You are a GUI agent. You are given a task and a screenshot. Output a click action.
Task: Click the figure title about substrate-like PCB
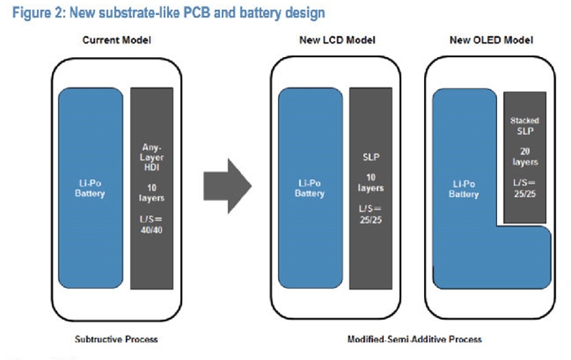point(169,13)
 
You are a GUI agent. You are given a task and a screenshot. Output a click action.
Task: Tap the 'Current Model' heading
point(117,40)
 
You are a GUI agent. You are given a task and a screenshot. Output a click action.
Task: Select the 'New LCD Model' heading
point(338,40)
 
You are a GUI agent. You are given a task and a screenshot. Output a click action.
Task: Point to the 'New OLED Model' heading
point(491,40)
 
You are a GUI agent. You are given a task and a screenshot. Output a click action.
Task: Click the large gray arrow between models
point(228,186)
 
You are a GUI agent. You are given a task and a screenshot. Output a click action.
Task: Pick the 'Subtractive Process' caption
point(116,339)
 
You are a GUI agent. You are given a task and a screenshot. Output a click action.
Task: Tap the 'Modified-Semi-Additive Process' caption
point(415,339)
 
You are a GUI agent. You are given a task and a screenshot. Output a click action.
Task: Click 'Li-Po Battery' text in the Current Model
point(90,188)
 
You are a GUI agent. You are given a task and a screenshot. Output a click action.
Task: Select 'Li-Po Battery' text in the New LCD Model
point(310,188)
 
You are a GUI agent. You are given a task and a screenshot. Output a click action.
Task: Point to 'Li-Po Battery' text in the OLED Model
point(464,189)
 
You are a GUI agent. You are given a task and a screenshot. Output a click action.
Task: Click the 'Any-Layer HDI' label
point(151,157)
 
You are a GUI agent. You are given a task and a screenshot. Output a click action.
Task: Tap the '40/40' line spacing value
point(151,230)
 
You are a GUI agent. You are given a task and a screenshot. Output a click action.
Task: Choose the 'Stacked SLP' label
point(525,126)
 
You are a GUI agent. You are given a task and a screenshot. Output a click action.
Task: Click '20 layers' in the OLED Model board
point(525,157)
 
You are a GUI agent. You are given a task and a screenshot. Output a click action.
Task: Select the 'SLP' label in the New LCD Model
point(370,157)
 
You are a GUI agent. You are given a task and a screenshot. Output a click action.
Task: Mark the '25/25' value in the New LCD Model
point(370,220)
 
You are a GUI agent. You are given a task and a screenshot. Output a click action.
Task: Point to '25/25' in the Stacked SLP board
point(525,194)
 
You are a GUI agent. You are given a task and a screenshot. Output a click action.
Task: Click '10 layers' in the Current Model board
point(151,193)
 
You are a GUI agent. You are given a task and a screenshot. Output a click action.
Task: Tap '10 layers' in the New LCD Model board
point(370,183)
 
